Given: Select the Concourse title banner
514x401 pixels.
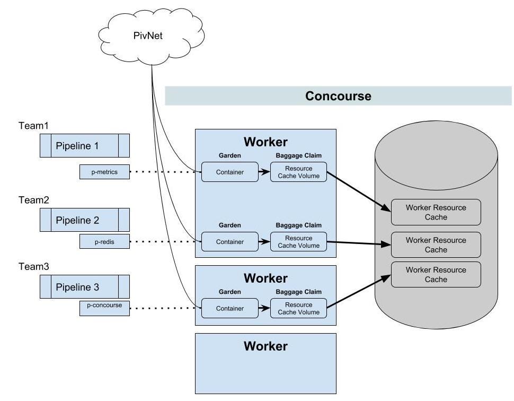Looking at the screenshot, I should pyautogui.click(x=338, y=96).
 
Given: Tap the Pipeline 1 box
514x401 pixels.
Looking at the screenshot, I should pyautogui.click(x=85, y=146).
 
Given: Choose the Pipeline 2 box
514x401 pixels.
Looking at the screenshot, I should pyautogui.click(x=85, y=220).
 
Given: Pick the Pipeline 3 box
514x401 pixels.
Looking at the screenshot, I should pyautogui.click(x=85, y=287).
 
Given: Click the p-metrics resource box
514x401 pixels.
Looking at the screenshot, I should pyautogui.click(x=104, y=172).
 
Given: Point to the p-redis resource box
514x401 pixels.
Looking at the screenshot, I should pyautogui.click(x=104, y=242).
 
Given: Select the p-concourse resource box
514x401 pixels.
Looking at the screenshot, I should pyautogui.click(x=104, y=308).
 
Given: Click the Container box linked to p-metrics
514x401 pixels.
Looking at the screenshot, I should pyautogui.click(x=229, y=172).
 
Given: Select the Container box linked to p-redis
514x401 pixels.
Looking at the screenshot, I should pyautogui.click(x=229, y=242).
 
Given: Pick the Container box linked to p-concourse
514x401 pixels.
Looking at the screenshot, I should pyautogui.click(x=229, y=308).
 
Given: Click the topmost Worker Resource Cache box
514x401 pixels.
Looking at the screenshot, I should pyautogui.click(x=436, y=212).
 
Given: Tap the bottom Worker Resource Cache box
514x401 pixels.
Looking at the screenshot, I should pyautogui.click(x=436, y=275).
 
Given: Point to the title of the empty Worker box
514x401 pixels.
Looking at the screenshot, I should pyautogui.click(x=265, y=346).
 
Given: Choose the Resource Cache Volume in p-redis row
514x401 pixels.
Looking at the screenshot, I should pyautogui.click(x=298, y=242).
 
